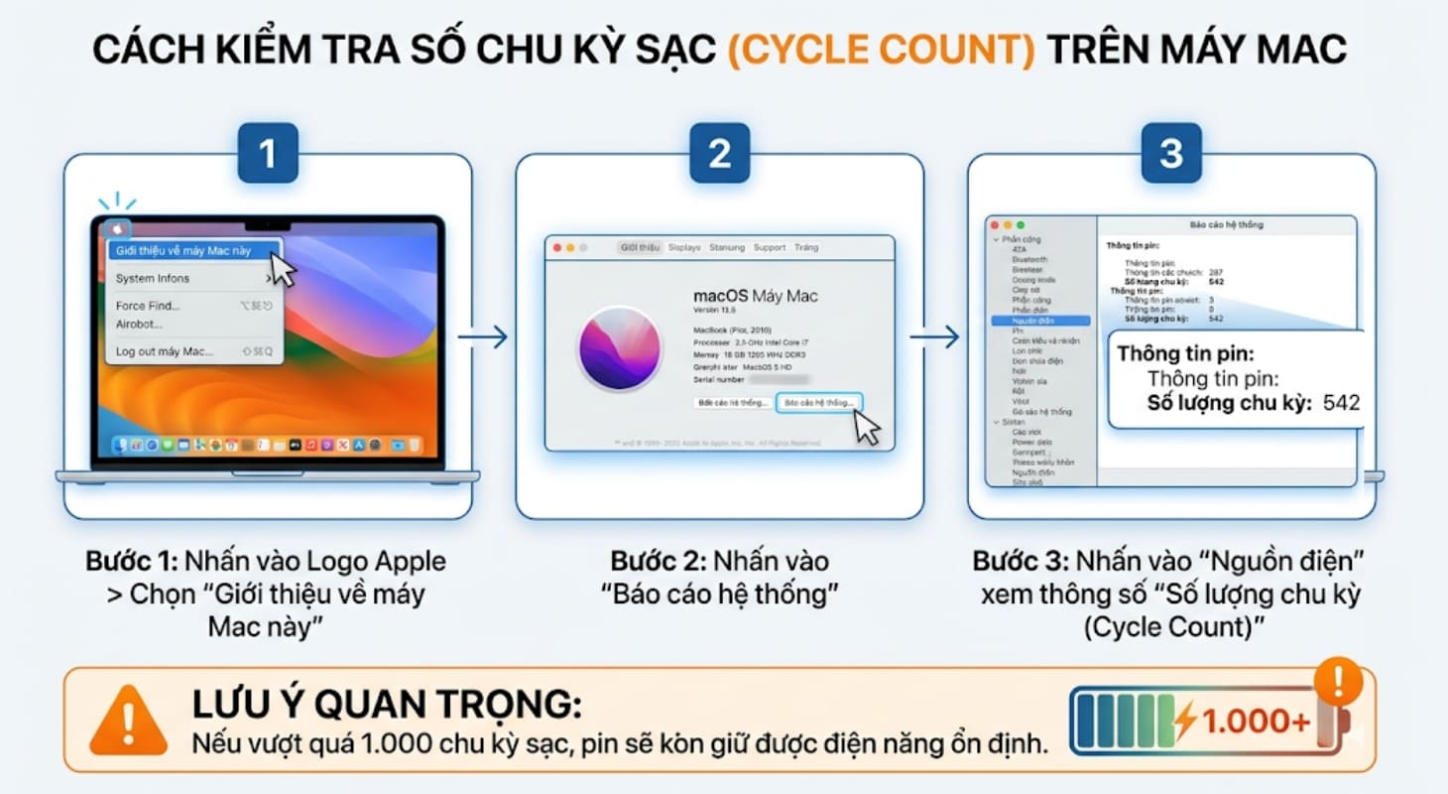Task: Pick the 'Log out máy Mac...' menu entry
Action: click(x=165, y=351)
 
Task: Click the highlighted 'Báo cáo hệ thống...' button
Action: click(x=818, y=403)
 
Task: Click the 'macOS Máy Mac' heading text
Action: click(x=755, y=296)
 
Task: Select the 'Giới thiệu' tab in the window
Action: click(x=640, y=247)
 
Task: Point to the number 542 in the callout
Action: click(x=1342, y=403)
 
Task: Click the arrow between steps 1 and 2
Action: click(x=483, y=336)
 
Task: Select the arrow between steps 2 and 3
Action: click(x=935, y=336)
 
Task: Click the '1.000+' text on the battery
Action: click(x=1255, y=722)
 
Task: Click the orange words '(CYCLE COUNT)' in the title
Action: click(x=881, y=49)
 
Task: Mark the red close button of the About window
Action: click(x=556, y=247)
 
